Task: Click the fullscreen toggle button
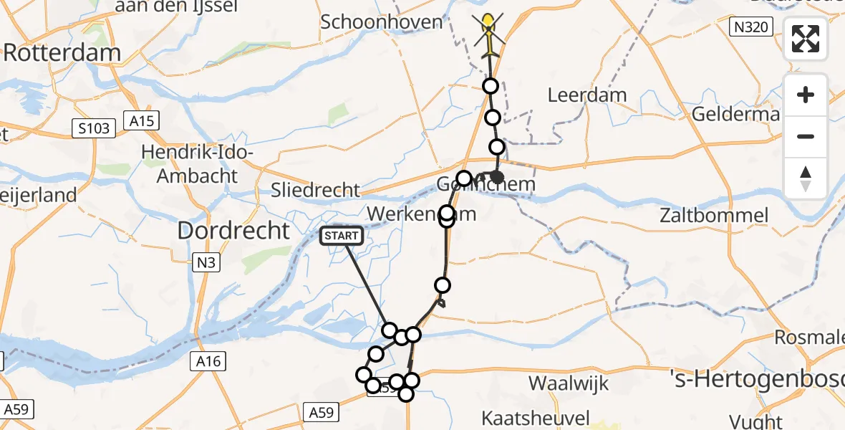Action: [806, 38]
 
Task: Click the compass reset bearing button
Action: [806, 178]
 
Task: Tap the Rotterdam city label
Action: [62, 52]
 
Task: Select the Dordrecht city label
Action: [233, 230]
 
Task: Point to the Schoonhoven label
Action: [382, 21]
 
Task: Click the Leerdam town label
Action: [586, 95]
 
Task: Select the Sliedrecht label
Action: [316, 190]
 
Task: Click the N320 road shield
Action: [751, 28]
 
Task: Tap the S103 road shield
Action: [95, 128]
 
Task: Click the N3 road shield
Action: [206, 263]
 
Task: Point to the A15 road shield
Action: [141, 120]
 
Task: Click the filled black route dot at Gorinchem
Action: [498, 177]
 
